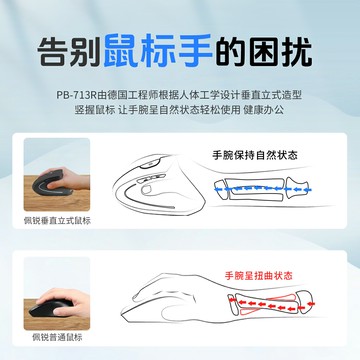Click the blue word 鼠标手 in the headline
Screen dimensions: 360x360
[158, 51]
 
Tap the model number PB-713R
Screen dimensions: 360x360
[76, 96]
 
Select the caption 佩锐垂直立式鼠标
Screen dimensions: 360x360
[57, 220]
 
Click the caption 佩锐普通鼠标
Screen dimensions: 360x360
[57, 337]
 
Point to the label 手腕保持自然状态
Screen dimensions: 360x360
[255, 155]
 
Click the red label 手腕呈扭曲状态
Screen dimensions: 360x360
[259, 276]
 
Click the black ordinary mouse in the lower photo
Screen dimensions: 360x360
[51, 309]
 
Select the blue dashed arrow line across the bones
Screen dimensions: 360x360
[263, 189]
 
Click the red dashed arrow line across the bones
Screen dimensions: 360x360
[271, 304]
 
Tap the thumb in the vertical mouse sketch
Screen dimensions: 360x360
[148, 190]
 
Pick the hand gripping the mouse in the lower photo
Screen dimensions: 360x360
[67, 302]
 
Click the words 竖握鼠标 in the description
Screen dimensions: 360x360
[95, 110]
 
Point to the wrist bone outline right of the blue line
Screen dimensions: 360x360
[297, 189]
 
